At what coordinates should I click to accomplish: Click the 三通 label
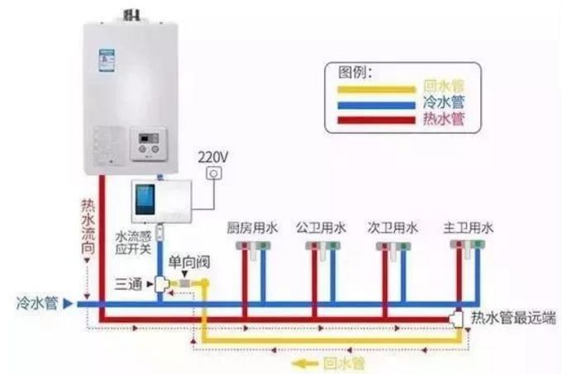(x=129, y=283)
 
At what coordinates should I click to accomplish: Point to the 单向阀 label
(x=189, y=263)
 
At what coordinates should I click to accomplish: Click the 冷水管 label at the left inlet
(x=37, y=303)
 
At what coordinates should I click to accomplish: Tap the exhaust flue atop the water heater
(x=131, y=14)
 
